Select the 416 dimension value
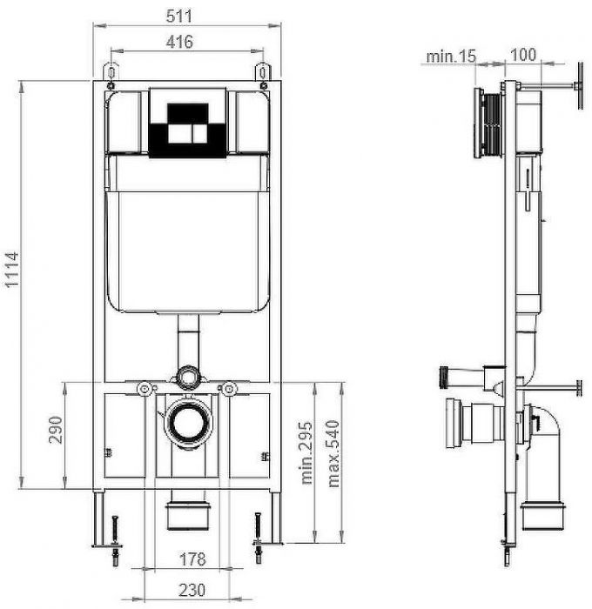178,41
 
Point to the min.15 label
451,57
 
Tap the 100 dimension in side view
521,55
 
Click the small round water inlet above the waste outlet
186,378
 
